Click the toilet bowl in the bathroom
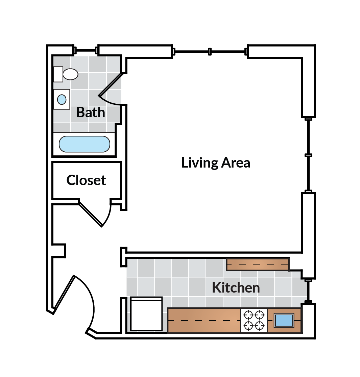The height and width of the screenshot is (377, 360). click(x=70, y=74)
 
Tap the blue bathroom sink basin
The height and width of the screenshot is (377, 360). click(x=62, y=100)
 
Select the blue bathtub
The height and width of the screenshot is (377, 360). click(x=85, y=144)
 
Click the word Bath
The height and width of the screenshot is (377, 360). click(x=91, y=112)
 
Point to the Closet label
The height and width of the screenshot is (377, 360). click(x=86, y=180)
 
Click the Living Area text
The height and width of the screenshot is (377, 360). click(x=216, y=163)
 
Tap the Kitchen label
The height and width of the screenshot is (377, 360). click(x=236, y=287)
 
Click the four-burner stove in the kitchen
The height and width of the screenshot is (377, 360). click(x=254, y=321)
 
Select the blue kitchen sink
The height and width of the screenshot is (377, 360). click(x=284, y=321)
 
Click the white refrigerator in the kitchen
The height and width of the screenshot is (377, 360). click(x=146, y=314)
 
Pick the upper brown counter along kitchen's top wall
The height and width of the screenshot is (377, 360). click(x=258, y=264)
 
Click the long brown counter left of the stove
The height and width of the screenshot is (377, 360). click(x=204, y=321)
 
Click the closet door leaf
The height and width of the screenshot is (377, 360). click(x=91, y=215)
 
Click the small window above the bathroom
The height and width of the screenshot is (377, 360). click(x=86, y=50)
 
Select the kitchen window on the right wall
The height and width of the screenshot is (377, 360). click(x=308, y=291)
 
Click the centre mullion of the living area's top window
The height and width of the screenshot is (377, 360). click(x=210, y=51)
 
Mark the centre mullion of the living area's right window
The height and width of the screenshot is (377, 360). click(x=308, y=155)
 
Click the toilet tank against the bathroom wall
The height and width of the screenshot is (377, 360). click(x=58, y=74)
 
